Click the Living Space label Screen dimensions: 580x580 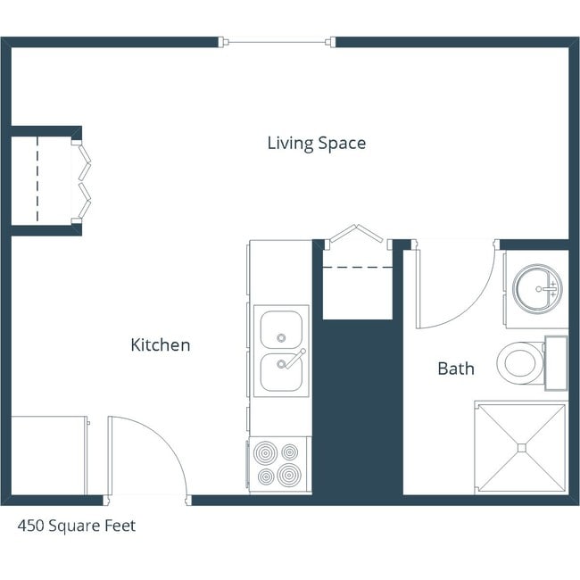[316, 143]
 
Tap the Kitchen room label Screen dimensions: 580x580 [161, 345]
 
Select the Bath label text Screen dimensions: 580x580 [455, 368]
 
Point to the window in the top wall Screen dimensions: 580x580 [277, 41]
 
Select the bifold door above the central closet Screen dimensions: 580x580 [356, 234]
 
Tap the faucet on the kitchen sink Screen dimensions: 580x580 [291, 359]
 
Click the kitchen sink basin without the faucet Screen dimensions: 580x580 [281, 329]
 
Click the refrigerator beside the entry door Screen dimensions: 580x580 [49, 455]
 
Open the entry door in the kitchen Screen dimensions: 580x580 [147, 455]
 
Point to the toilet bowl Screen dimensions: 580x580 [519, 363]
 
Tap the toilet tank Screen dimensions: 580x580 [556, 363]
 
